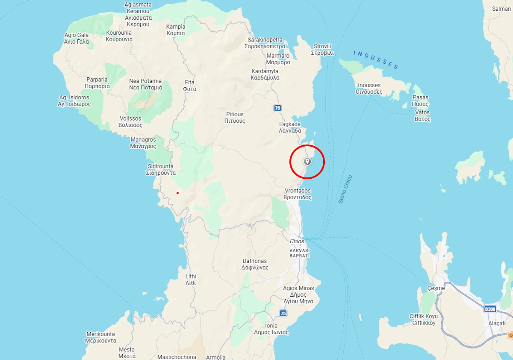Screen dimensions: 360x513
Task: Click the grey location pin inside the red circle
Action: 307,162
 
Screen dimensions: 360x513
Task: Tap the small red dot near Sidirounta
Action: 177,193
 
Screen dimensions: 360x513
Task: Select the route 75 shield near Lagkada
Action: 277,108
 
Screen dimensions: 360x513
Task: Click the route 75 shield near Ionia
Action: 283,313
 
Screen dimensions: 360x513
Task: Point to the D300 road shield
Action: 490,309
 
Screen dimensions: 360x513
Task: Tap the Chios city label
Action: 297,242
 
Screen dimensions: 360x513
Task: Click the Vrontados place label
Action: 298,194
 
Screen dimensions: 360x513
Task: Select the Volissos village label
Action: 130,122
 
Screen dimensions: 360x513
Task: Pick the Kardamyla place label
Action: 265,74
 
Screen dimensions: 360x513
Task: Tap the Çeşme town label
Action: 436,288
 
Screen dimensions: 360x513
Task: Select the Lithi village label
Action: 191,280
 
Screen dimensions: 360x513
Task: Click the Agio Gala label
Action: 77,38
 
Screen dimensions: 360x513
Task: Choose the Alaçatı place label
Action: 497,324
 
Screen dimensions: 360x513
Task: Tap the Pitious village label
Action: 235,118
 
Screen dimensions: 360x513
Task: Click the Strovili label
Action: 323,50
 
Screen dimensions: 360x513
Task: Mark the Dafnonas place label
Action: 254,264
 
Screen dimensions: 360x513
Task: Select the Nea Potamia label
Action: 145,84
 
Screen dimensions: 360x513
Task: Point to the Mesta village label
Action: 127,353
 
